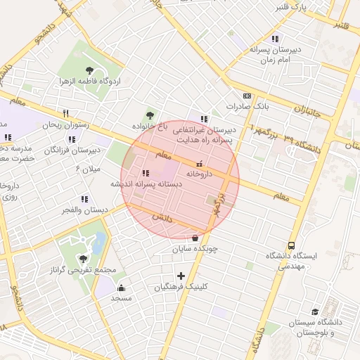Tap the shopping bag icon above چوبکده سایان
point(195,238)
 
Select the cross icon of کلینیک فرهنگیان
point(181,276)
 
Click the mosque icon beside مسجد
point(121,287)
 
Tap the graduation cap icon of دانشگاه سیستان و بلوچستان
point(315,311)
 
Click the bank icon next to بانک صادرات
point(247,96)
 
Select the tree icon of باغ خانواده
point(149,115)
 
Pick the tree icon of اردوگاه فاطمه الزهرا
point(89,70)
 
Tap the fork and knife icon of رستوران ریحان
point(65,112)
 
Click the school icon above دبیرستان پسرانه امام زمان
point(274,39)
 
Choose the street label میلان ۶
point(89,169)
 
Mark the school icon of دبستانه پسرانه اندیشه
point(145,173)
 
